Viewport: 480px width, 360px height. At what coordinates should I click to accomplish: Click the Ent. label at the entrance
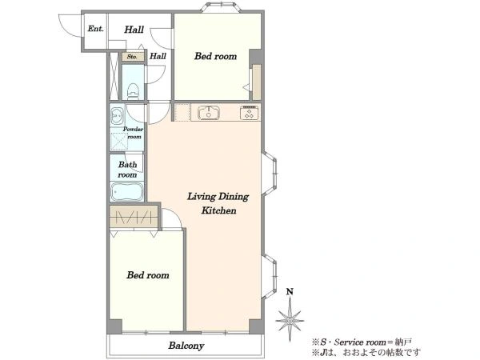pyautogui.click(x=95, y=29)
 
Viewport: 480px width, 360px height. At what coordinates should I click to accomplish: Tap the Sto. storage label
pyautogui.click(x=132, y=57)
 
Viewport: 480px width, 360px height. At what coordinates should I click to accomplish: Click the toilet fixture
pyautogui.click(x=133, y=91)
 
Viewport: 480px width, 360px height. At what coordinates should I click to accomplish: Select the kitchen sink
pyautogui.click(x=209, y=113)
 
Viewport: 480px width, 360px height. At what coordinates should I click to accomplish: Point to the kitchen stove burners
pyautogui.click(x=250, y=113)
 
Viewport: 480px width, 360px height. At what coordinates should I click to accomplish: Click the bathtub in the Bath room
pyautogui.click(x=127, y=192)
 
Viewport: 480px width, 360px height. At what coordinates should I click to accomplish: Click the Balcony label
pyautogui.click(x=186, y=346)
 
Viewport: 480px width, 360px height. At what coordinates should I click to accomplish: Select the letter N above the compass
pyautogui.click(x=290, y=291)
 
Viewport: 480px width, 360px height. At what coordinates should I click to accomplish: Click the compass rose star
pyautogui.click(x=290, y=321)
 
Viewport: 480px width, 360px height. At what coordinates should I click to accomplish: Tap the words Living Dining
pyautogui.click(x=218, y=197)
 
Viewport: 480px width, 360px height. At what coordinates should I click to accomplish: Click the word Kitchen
pyautogui.click(x=218, y=210)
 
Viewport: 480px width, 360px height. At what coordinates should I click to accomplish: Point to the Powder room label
pyautogui.click(x=133, y=133)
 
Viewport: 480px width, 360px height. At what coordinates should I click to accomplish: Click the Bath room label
pyautogui.click(x=127, y=170)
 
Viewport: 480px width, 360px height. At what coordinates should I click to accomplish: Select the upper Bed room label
pyautogui.click(x=215, y=56)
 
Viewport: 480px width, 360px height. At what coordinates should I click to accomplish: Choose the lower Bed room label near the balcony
pyautogui.click(x=148, y=275)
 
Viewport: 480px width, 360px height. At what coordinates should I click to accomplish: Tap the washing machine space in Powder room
pyautogui.click(x=118, y=142)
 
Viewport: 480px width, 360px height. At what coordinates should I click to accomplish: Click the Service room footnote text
pyautogui.click(x=362, y=342)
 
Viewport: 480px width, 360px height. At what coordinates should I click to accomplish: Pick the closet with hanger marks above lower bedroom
pyautogui.click(x=134, y=216)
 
